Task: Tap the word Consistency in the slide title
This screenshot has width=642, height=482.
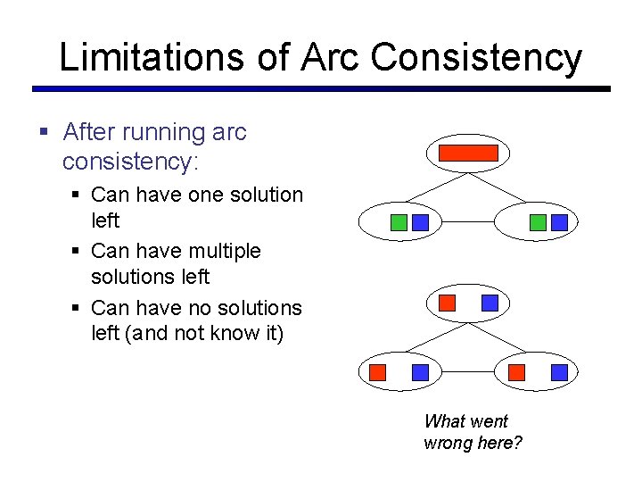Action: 476,58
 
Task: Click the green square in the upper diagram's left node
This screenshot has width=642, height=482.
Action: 399,222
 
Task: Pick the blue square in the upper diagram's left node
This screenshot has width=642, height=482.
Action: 421,222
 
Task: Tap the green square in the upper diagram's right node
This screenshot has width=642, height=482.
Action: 538,222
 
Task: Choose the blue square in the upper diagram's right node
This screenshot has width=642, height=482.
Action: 559,222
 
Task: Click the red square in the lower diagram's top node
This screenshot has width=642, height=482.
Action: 448,303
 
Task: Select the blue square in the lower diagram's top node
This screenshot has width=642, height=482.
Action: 490,303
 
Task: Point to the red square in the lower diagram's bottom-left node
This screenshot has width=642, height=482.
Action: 378,372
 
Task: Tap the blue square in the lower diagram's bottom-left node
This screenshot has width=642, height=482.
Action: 421,372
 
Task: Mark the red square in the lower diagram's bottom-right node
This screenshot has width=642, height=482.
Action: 516,372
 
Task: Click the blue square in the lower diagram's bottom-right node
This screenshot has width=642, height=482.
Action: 559,372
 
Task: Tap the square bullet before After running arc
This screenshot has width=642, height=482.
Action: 44,133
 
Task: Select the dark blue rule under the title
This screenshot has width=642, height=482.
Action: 321,89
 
